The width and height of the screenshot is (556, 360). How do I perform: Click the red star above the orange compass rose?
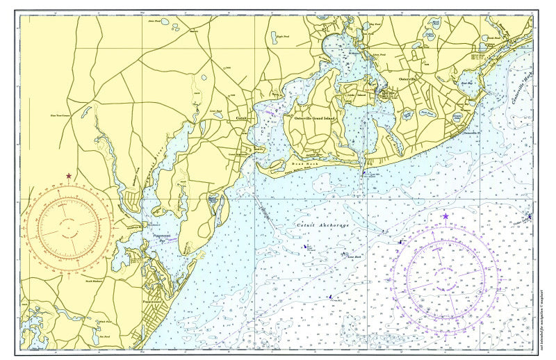pos(68,176)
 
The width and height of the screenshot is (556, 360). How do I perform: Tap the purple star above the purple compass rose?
pos(445,216)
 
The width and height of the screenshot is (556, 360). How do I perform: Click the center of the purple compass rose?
pos(445,276)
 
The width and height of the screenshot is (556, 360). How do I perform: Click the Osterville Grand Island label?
pos(315,118)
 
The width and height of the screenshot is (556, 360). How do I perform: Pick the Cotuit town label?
pos(242,119)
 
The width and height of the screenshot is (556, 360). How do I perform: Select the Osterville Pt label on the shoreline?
pos(471,131)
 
